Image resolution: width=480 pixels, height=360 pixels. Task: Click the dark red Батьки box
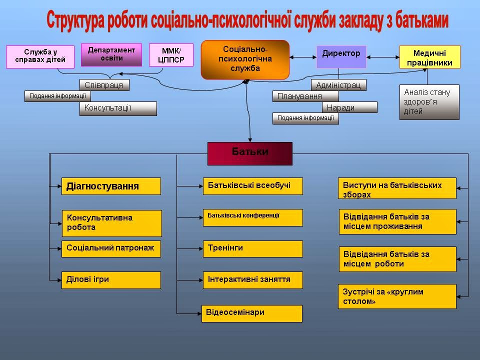249,153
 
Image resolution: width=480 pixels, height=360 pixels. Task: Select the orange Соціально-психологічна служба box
245,59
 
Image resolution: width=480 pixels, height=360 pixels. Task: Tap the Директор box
341,56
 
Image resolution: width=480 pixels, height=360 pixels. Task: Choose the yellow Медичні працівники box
429,57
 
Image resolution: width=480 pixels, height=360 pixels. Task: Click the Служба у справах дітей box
40,56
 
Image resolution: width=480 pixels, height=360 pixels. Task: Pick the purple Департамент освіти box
111,54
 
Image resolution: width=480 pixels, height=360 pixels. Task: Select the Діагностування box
111,186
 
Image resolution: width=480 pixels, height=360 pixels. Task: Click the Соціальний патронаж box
111,248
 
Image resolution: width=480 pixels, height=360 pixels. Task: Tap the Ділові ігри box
111,280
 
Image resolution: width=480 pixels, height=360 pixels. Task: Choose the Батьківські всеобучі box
252,186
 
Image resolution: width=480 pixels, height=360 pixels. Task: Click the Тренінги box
252,248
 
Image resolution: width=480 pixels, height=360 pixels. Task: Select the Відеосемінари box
251,313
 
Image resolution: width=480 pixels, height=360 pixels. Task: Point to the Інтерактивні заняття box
252,280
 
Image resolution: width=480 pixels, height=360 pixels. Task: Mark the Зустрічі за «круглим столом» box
397,296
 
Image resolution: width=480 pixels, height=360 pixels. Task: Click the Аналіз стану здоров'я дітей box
429,102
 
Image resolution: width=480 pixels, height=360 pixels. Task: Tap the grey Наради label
349,107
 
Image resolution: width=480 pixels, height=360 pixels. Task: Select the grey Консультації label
118,108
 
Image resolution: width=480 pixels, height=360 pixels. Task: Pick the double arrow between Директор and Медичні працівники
382,56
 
